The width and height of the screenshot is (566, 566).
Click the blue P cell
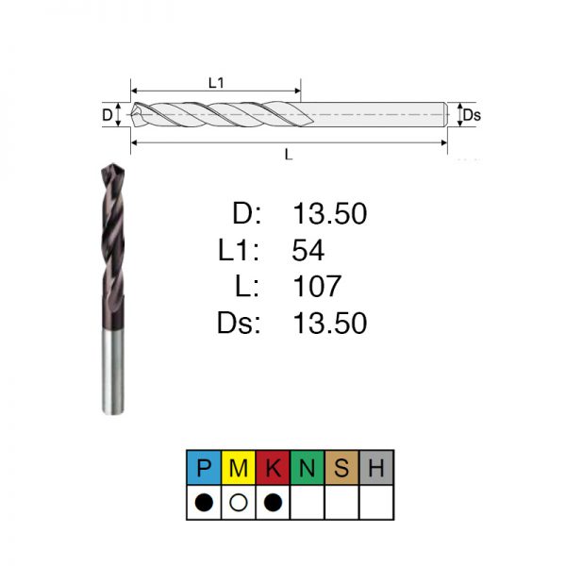pos(204,468)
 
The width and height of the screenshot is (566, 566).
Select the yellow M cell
pos(239,468)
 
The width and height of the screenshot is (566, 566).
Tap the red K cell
pos(273,468)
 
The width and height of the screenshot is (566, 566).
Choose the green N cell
pos(308,468)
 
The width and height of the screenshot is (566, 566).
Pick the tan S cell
pos(341,468)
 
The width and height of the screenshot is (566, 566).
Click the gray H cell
pos(376,468)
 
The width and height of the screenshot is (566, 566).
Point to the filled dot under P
pos(204,502)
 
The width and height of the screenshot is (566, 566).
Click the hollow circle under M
pos(239,502)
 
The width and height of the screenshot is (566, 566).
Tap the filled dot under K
pos(273,502)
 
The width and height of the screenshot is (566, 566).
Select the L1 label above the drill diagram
pos(216,83)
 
